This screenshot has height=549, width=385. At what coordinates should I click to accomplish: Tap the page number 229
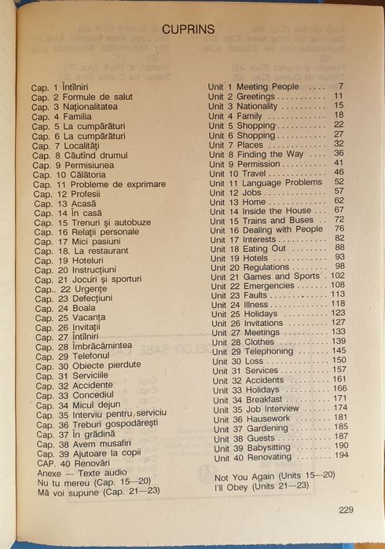[x=346, y=509]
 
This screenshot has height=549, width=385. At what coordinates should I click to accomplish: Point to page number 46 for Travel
[x=339, y=172]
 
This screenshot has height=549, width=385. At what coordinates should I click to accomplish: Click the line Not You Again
[x=267, y=476]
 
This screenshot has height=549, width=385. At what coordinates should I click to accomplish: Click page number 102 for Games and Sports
[x=337, y=276]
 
